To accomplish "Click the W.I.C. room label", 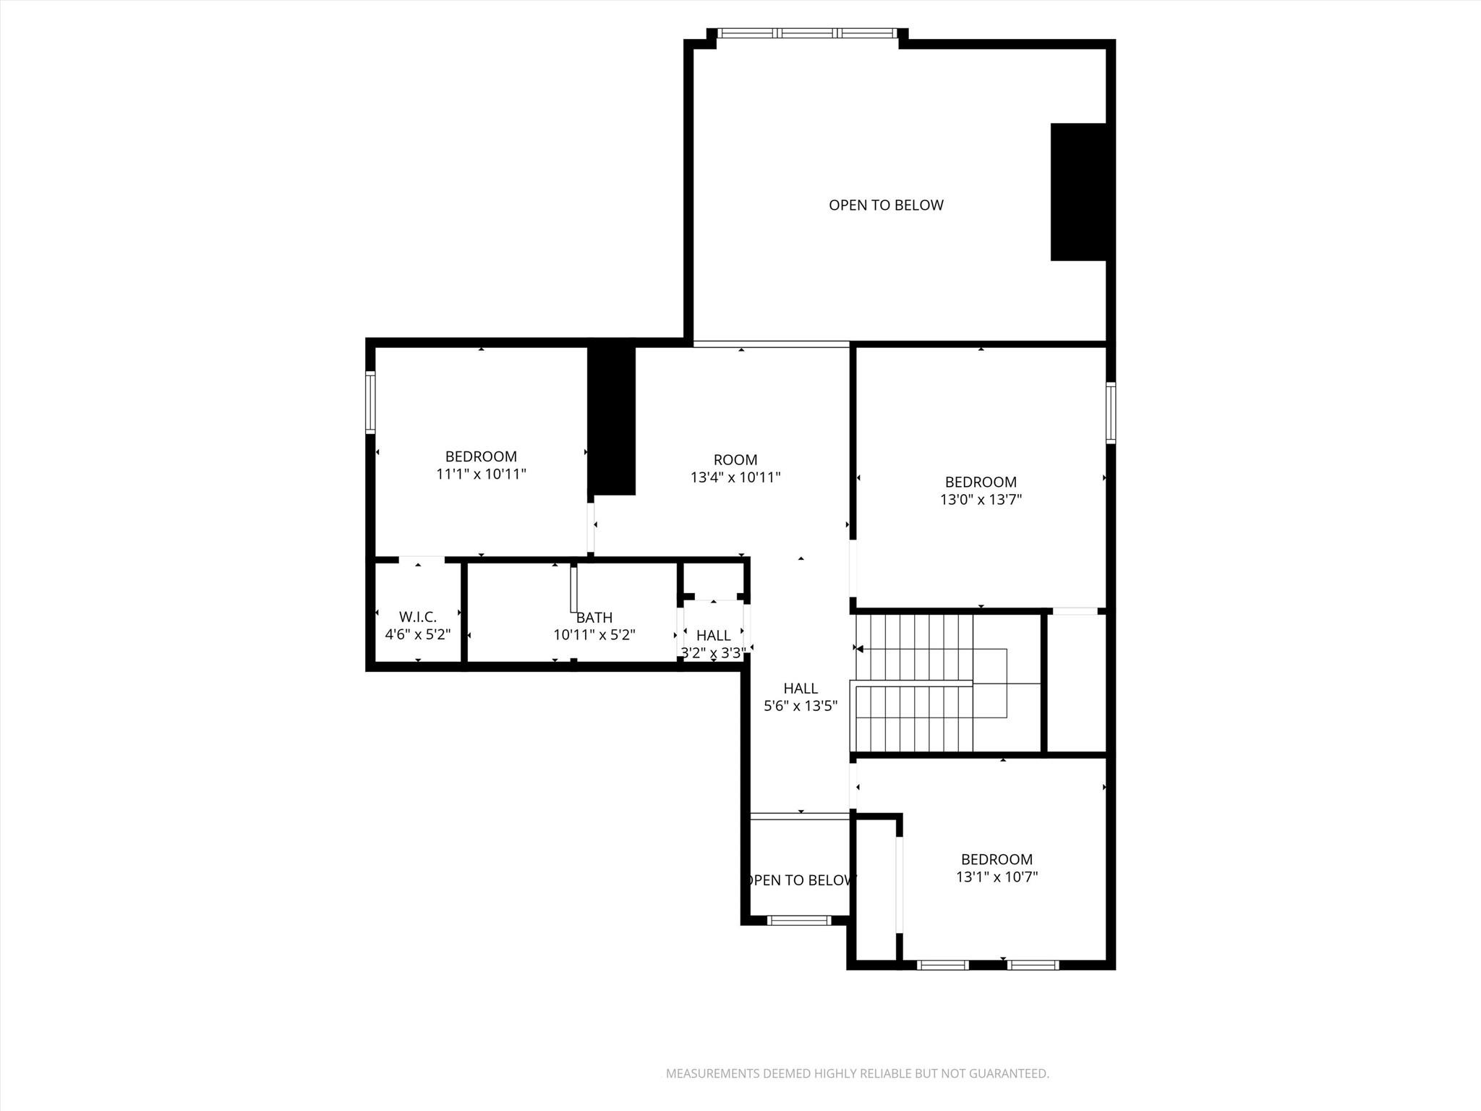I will (x=417, y=617).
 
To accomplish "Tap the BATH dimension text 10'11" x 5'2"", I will (x=594, y=635).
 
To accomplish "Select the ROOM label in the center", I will (x=735, y=459).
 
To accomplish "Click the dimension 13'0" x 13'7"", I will (x=981, y=500).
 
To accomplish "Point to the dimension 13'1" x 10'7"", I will (x=996, y=877).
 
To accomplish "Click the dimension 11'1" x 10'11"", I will (x=481, y=474).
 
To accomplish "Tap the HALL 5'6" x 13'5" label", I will (x=801, y=697).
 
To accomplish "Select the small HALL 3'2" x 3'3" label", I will (x=713, y=644).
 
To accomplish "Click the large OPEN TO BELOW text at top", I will (x=886, y=205).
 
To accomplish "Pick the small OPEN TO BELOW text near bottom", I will (x=801, y=880).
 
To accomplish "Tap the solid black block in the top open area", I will (x=1077, y=192).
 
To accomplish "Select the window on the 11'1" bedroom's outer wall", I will (x=370, y=402).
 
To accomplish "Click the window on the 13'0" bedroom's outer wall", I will (x=1111, y=413).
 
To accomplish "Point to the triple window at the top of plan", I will (x=807, y=33).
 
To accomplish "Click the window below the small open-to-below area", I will (x=799, y=920).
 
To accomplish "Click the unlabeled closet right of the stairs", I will (x=1076, y=684).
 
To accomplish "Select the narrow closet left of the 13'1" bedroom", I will (x=876, y=890).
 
